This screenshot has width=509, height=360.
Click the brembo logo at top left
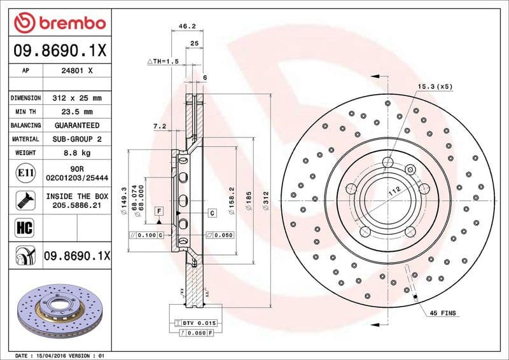coord(59,24)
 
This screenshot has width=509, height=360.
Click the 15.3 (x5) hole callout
coord(435,86)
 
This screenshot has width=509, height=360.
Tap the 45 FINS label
coord(443,314)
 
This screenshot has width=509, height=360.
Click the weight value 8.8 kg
coord(77,153)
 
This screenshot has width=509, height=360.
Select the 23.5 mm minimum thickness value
coord(77,112)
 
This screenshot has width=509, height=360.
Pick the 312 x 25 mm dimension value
coord(77,98)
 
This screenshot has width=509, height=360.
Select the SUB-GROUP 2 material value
coord(77,139)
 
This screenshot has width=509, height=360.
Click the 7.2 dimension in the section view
coord(159,127)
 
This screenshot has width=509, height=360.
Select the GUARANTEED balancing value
coord(77,125)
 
